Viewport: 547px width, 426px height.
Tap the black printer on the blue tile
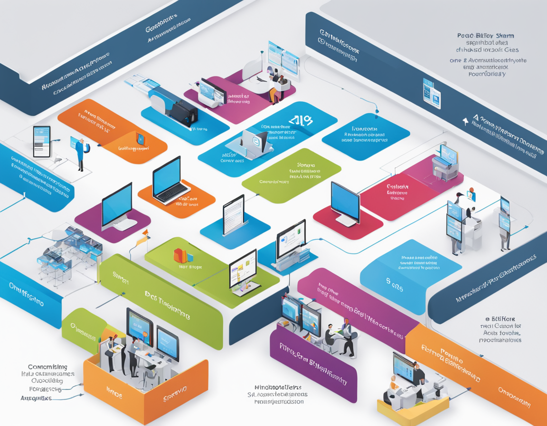point(182,113)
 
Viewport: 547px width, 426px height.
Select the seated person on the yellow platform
point(394,388)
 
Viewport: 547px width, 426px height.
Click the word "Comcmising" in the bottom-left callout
point(47,367)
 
